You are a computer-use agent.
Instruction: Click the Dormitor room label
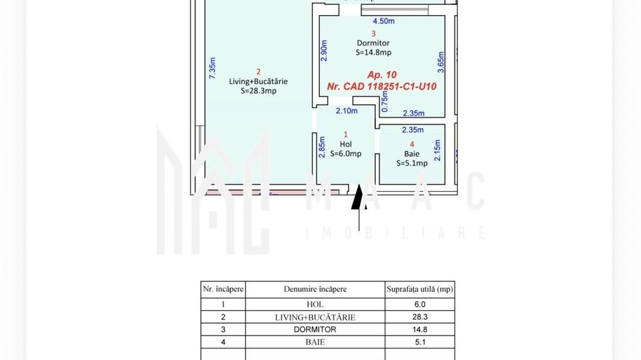[x=373, y=43]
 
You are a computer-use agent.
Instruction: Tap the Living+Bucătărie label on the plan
[x=258, y=81]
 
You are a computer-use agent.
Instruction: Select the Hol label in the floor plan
[x=345, y=144]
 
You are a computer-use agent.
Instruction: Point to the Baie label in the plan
[x=411, y=154]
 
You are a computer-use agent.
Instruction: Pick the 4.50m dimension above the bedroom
[x=383, y=21]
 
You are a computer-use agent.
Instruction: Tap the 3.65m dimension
[x=441, y=61]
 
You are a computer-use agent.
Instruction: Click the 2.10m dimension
[x=346, y=111]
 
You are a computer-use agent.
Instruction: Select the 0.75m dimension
[x=385, y=102]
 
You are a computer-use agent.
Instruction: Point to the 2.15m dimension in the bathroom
[x=437, y=150]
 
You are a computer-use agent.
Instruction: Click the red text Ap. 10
[x=381, y=74]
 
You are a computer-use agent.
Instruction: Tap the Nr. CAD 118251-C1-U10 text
[x=381, y=87]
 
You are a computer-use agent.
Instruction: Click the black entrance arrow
[x=357, y=198]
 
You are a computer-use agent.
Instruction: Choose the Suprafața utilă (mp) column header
[x=420, y=289]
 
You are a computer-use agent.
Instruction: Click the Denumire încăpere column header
[x=315, y=289]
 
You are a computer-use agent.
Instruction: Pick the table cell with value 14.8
[x=420, y=329]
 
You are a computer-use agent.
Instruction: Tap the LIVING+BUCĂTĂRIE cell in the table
[x=315, y=317]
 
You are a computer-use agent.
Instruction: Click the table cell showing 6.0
[x=420, y=305]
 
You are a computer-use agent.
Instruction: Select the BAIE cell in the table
[x=315, y=342]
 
